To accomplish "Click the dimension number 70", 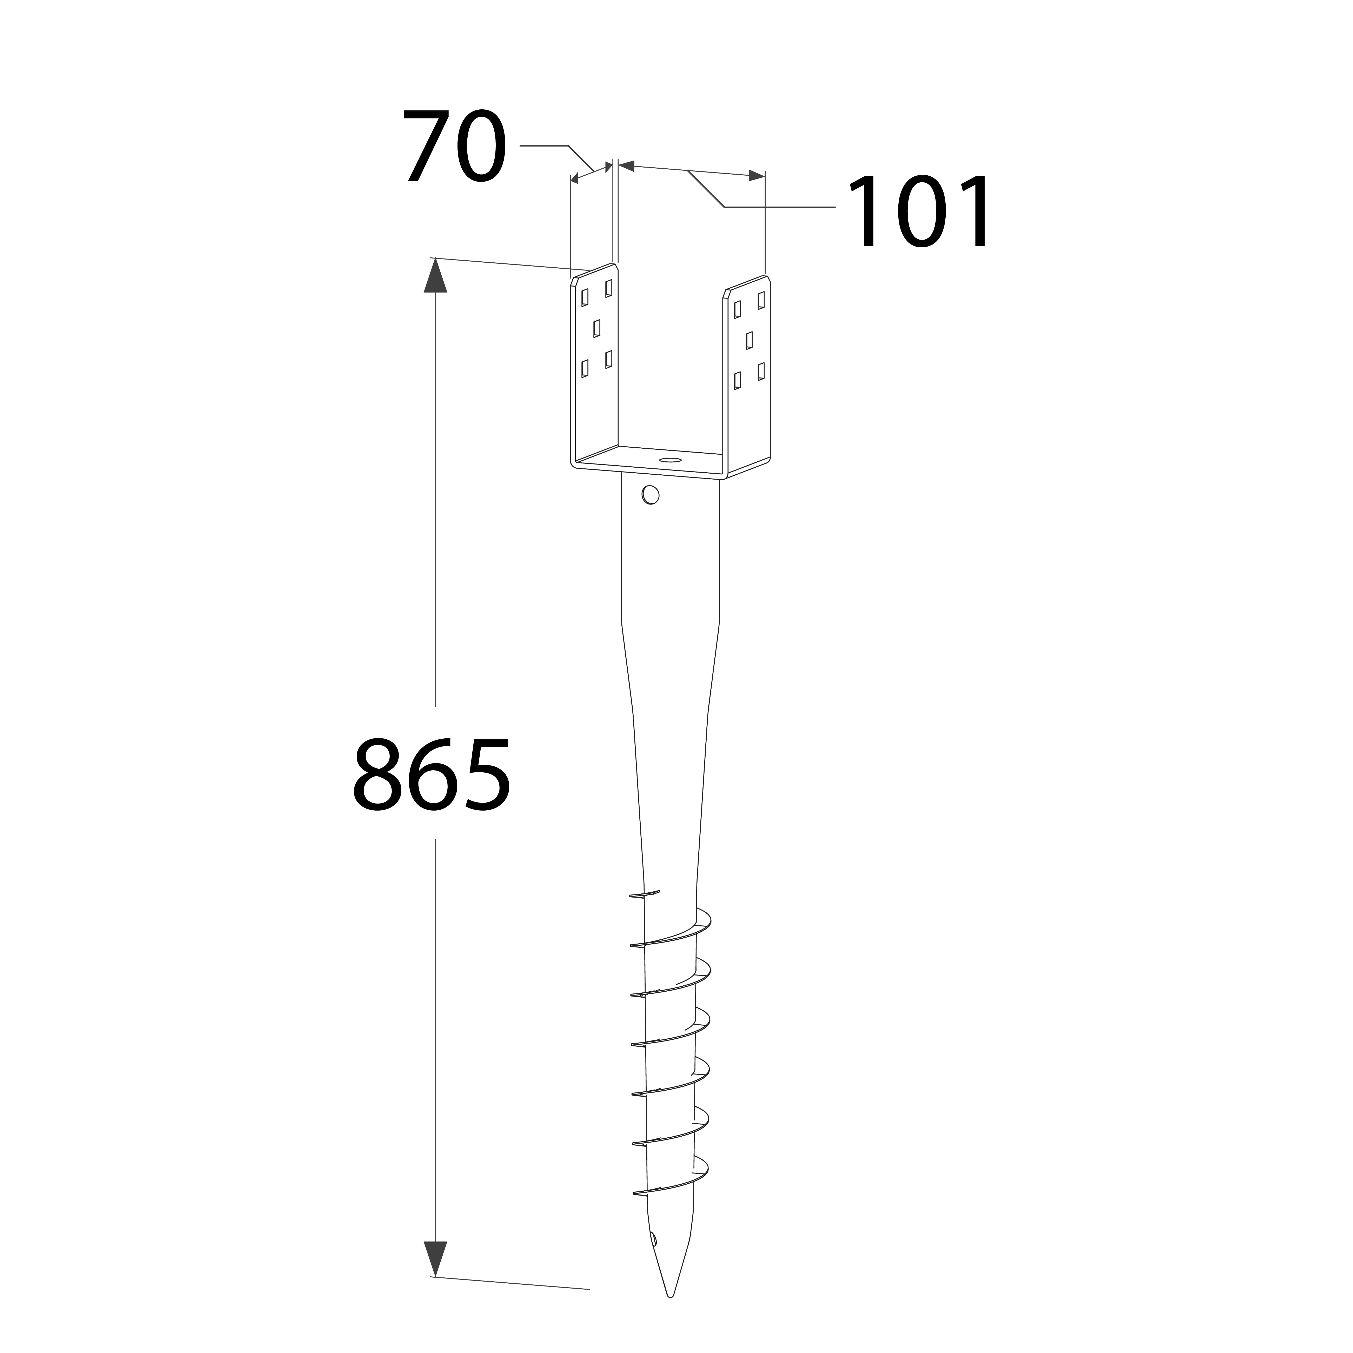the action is point(454,146).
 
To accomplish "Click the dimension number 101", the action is point(920,211).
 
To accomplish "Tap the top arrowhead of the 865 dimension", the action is point(436,275).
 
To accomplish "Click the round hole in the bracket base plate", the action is point(670,460).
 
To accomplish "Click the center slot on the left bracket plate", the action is point(597,328).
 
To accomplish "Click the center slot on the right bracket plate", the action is point(749,340).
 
